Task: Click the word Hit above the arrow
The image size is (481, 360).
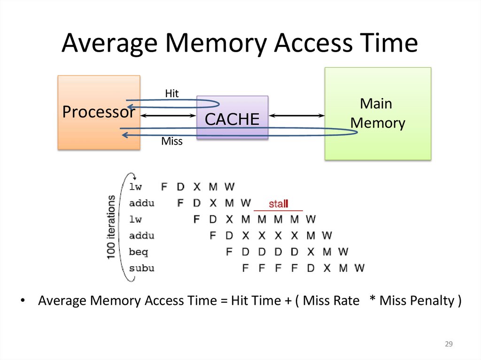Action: (x=172, y=93)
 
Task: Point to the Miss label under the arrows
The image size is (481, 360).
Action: (x=171, y=141)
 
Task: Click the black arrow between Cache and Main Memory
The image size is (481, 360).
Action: (x=296, y=115)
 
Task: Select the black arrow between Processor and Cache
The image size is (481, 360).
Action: (x=168, y=115)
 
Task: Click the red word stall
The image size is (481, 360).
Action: (x=278, y=204)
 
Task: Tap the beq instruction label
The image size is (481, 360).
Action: (x=139, y=252)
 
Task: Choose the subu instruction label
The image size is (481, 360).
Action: (x=141, y=268)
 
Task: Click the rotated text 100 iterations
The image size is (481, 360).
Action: (x=111, y=227)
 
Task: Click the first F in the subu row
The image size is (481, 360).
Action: (x=245, y=268)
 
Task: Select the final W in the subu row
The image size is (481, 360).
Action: (x=359, y=268)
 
